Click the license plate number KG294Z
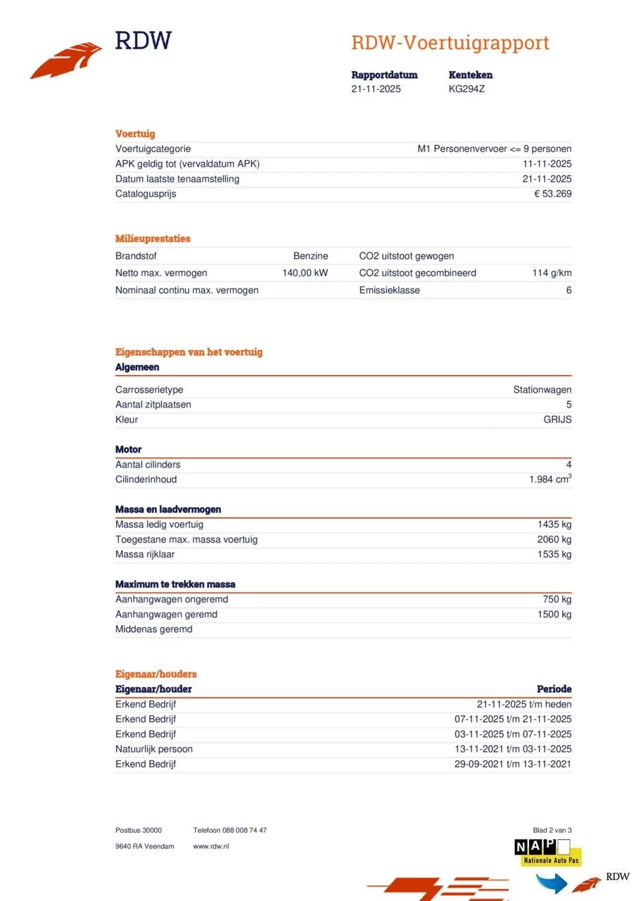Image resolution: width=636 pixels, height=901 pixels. (x=466, y=89)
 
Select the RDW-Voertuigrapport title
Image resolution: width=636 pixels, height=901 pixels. (x=450, y=43)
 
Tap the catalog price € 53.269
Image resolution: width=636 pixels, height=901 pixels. (x=552, y=194)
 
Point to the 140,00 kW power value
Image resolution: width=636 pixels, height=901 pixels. (x=305, y=273)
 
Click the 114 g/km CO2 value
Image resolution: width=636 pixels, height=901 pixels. (x=552, y=273)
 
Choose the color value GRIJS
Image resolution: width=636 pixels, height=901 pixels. (x=557, y=420)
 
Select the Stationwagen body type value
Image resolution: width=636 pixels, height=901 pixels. (x=542, y=390)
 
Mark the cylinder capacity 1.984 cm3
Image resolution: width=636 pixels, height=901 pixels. (x=550, y=479)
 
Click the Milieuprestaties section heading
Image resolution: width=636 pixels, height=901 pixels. (x=153, y=239)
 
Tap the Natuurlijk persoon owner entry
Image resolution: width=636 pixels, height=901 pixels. (x=153, y=749)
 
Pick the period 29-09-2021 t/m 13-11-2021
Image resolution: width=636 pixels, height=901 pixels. (x=513, y=764)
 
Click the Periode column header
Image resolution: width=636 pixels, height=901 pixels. (x=554, y=689)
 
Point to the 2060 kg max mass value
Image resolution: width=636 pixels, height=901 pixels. (x=554, y=540)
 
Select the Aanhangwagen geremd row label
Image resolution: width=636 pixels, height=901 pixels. (x=166, y=615)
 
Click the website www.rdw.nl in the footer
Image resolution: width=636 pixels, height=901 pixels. (x=211, y=846)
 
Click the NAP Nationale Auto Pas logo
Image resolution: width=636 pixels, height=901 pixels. (x=547, y=852)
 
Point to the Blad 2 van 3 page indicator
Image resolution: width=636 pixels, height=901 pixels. (x=557, y=831)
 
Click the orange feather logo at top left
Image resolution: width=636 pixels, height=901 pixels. (x=66, y=60)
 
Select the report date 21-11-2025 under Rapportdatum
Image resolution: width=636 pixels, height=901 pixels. (x=376, y=89)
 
